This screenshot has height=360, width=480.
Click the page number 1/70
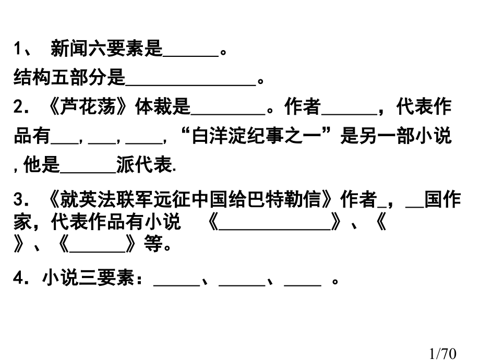[x=442, y=353]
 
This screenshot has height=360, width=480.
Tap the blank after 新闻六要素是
[x=191, y=56]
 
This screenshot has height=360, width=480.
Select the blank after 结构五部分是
[x=191, y=85]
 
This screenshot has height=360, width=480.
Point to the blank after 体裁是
[x=228, y=114]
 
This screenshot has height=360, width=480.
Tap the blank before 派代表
[x=88, y=172]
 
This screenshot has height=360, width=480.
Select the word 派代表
[x=144, y=164]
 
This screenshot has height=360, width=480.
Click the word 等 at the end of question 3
[x=153, y=244]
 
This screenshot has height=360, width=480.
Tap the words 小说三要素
[x=89, y=278]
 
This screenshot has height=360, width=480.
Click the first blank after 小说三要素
[x=177, y=285]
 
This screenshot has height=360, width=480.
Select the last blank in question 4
[x=303, y=285]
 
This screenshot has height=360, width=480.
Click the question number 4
[x=18, y=278]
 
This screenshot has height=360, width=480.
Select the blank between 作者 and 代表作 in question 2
[x=349, y=114]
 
